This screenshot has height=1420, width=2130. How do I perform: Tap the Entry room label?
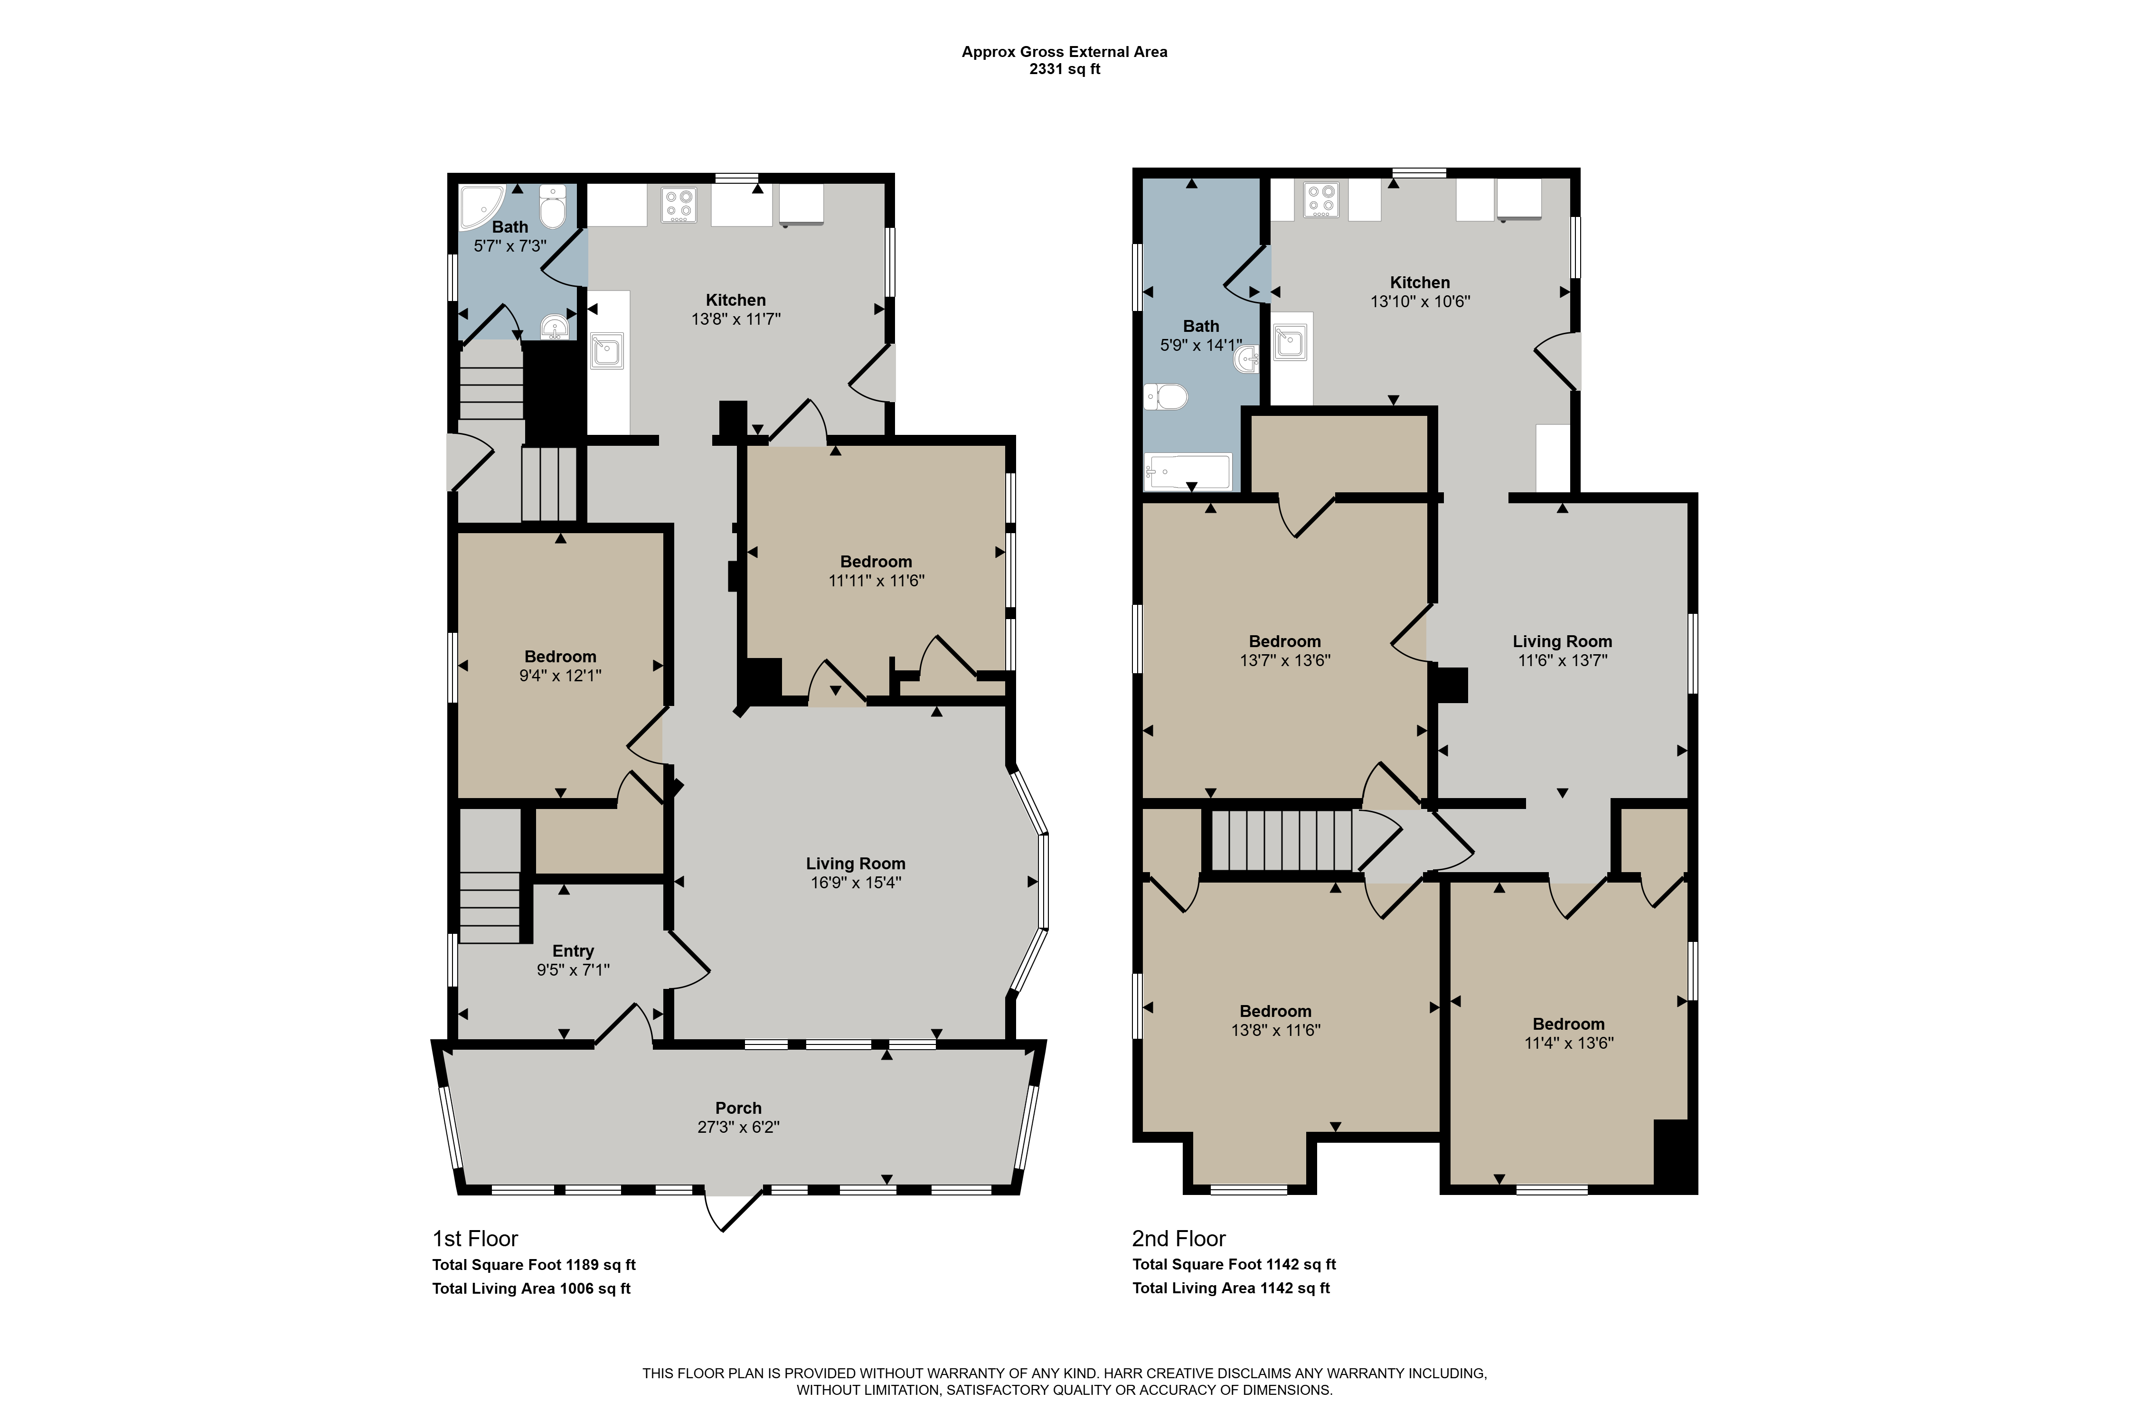point(573,951)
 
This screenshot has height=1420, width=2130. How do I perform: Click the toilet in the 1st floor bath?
point(552,207)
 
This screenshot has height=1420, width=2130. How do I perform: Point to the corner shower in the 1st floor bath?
point(480,207)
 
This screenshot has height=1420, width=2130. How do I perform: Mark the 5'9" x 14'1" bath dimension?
point(1201,345)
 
